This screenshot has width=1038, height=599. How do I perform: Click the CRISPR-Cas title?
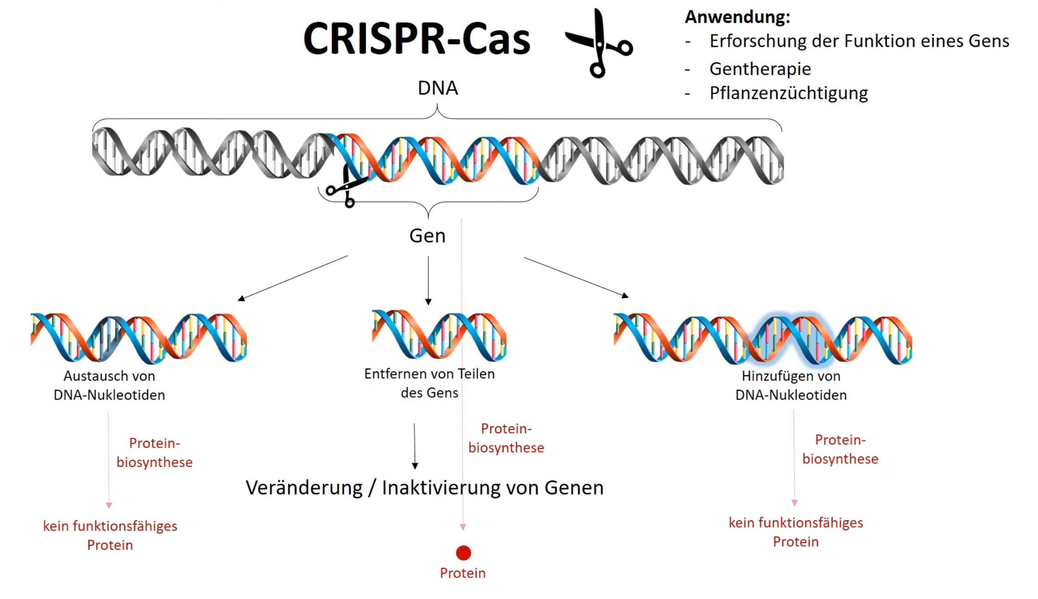[x=416, y=39]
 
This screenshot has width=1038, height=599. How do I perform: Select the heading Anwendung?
[x=737, y=17]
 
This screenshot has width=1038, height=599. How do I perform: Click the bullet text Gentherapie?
[x=760, y=69]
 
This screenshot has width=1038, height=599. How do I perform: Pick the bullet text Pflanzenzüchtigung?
[x=788, y=93]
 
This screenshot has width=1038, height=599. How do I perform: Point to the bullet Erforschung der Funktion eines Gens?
[x=859, y=41]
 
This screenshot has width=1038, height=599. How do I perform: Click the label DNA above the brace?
[x=438, y=88]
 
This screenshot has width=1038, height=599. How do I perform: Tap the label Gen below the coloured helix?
[x=427, y=236]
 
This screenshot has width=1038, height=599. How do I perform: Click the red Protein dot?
[x=463, y=553]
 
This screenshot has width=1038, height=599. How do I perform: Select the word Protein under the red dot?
[x=463, y=573]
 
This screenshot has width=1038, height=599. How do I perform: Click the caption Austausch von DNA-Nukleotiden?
[x=109, y=385]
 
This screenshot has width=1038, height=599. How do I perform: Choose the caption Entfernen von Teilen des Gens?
[x=429, y=383]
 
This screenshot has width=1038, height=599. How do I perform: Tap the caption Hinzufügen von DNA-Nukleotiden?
[x=791, y=385]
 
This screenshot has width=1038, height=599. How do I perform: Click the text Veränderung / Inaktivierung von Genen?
[x=424, y=488]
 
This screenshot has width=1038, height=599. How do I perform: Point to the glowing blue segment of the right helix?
[x=791, y=339]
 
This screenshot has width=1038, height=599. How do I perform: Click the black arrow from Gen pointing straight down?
[x=428, y=280]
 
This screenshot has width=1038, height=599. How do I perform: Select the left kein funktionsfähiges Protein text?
[x=110, y=535]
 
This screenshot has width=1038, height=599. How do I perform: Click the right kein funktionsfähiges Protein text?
[x=795, y=532]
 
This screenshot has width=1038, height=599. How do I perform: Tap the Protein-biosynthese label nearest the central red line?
[x=506, y=438]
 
